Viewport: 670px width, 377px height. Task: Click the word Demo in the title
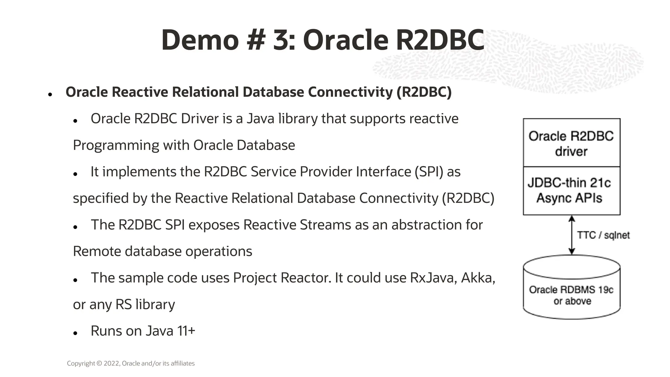200,41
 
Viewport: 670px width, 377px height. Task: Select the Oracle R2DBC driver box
571,143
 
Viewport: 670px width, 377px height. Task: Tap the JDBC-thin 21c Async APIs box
571,191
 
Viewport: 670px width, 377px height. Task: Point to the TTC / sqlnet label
603,235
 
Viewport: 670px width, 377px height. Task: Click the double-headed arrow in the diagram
572,235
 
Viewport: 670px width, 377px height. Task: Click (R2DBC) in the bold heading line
424,92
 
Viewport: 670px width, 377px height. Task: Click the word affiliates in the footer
183,363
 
